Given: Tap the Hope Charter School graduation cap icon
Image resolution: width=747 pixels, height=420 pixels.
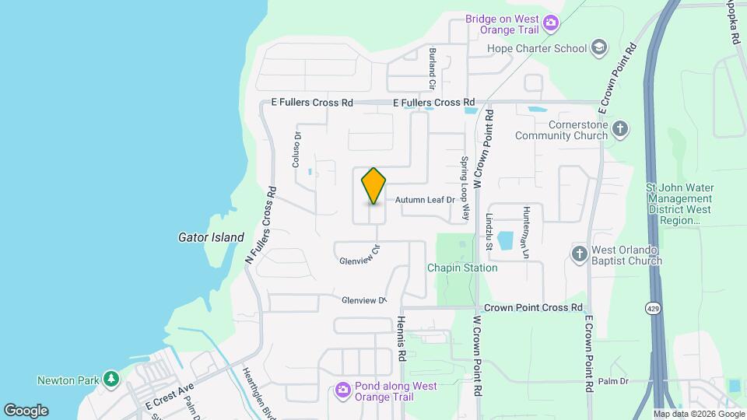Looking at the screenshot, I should [598, 48].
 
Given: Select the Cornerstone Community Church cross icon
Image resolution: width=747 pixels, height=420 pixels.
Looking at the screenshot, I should [619, 129].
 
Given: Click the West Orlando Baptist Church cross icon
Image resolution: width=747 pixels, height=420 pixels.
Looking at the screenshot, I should [579, 254].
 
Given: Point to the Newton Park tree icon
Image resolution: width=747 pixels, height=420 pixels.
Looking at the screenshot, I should [112, 380].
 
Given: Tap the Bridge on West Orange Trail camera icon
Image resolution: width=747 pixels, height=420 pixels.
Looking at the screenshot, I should [551, 23].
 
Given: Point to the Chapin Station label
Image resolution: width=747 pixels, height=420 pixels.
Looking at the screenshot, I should [462, 268].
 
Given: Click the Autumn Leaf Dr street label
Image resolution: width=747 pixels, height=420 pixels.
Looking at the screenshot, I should [424, 200].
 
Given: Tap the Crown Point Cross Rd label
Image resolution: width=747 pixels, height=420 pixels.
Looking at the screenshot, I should [533, 308].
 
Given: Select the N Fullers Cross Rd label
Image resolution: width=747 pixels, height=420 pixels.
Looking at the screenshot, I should [261, 223].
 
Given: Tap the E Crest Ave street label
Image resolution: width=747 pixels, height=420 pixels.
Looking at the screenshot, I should [169, 396].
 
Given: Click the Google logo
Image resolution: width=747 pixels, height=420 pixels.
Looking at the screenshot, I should [26, 410].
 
